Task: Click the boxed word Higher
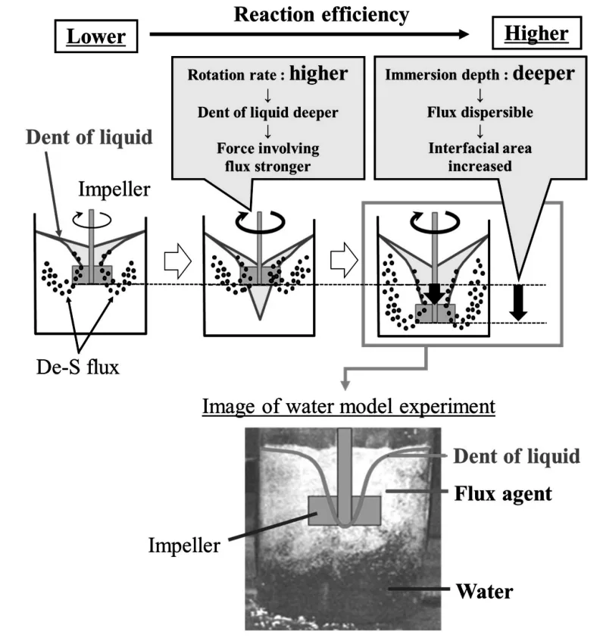pos(536,34)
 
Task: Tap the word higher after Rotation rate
pos(318,73)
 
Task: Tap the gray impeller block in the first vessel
pos(92,273)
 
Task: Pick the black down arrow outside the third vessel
pos(518,303)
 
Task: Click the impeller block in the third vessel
pos(434,313)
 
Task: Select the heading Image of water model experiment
pos(348,407)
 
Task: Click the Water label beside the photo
pos(483,590)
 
